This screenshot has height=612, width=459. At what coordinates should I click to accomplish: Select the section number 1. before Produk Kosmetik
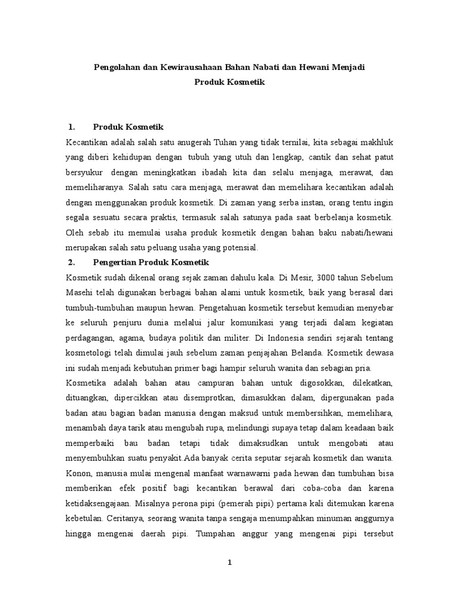click(72, 127)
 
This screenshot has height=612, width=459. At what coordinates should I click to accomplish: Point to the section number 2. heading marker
click(72, 262)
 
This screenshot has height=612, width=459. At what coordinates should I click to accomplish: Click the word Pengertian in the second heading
click(116, 262)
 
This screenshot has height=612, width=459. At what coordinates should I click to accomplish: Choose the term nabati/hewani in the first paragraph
click(362, 232)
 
